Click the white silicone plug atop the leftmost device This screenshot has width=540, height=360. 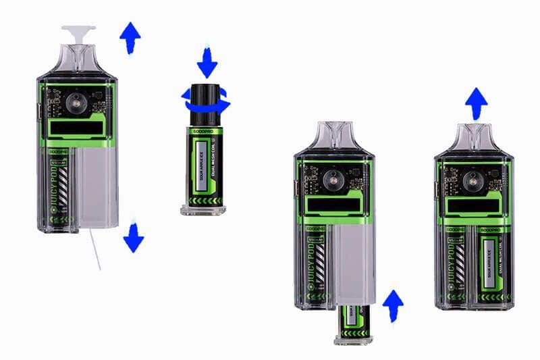tap(78, 32)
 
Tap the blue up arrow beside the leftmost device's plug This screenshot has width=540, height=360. tap(130, 36)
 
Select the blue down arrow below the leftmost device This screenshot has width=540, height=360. tap(133, 237)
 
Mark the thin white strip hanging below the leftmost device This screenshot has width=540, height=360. tap(95, 249)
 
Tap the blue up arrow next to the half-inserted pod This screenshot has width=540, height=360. tap(392, 305)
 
